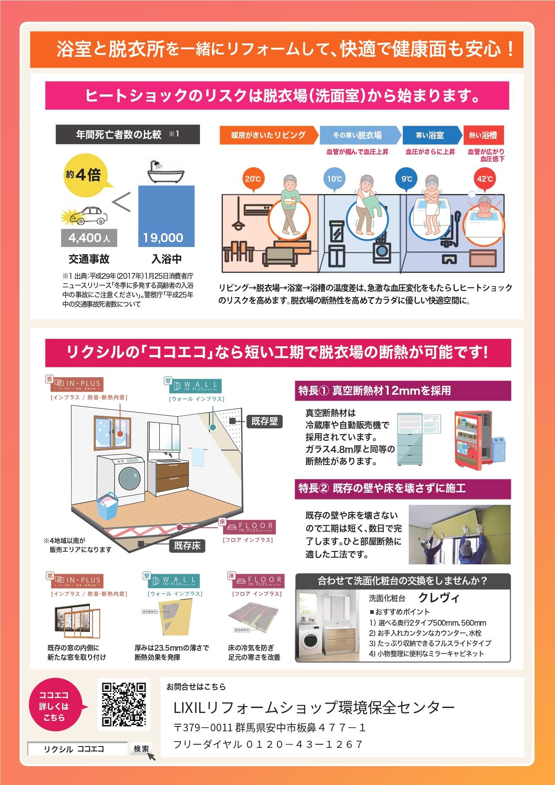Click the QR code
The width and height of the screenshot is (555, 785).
(124, 704)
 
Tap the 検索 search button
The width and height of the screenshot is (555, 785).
(141, 748)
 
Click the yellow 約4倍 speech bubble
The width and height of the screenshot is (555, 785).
(83, 175)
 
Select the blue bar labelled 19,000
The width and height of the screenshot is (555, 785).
(166, 216)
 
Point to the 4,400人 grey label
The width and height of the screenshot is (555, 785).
(89, 238)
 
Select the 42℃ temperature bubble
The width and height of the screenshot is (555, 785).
(484, 179)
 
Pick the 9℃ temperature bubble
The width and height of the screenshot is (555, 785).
(407, 179)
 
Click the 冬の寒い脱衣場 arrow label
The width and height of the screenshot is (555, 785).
(358, 135)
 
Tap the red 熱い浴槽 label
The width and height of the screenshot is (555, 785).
(483, 135)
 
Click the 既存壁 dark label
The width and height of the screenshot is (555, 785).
(265, 421)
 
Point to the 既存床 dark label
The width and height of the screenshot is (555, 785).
(187, 546)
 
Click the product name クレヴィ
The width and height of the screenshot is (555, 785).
(439, 597)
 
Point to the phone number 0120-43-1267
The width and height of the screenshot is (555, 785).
(304, 744)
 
